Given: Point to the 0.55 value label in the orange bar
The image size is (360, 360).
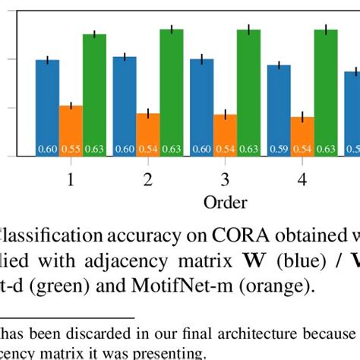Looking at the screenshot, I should pyautogui.click(x=71, y=150).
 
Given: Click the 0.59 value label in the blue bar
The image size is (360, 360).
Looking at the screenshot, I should pyautogui.click(x=279, y=150).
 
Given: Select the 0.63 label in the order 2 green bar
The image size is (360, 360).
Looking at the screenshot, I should pyautogui.click(x=172, y=150).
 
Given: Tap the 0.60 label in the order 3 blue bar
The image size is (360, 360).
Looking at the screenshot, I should pyautogui.click(x=201, y=150).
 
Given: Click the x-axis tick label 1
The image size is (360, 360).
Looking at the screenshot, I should pyautogui.click(x=71, y=181).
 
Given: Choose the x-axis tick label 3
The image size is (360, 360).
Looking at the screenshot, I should pyautogui.click(x=225, y=181).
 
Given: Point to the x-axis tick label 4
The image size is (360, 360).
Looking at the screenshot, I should pyautogui.click(x=302, y=181).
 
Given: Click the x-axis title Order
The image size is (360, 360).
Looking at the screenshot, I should pyautogui.click(x=225, y=202).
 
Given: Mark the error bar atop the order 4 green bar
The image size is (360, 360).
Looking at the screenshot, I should pyautogui.click(x=326, y=30).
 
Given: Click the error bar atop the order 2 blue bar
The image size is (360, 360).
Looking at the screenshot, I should pyautogui.click(x=125, y=57).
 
